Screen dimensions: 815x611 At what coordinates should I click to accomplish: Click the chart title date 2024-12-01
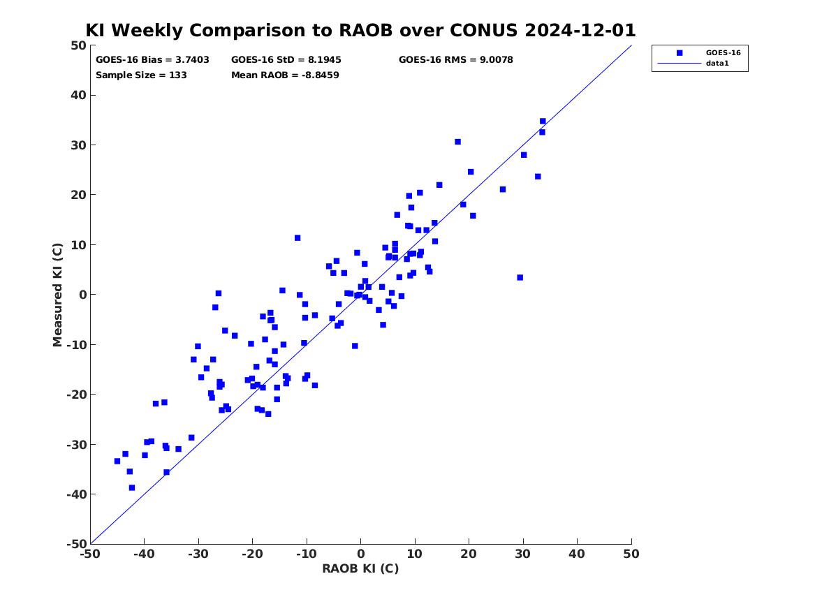point(580,30)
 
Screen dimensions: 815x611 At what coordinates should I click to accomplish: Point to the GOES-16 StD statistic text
point(286,60)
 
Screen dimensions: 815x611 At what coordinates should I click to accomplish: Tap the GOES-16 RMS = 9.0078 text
point(456,60)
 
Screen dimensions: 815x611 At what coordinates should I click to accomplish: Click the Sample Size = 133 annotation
point(141,75)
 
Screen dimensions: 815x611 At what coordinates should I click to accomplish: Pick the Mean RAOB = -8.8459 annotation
point(286,75)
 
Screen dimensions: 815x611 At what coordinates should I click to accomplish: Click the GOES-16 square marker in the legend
point(680,52)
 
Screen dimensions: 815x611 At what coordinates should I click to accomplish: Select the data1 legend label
point(717,64)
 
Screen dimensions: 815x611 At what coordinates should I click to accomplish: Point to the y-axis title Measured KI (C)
point(57,295)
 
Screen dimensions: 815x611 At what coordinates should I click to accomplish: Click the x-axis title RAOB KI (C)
point(360,568)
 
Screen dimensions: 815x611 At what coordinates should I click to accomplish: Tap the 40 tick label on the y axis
point(78,95)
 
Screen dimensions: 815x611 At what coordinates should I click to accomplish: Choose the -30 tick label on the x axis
point(198,554)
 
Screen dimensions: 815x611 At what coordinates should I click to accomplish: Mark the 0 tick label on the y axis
point(82,295)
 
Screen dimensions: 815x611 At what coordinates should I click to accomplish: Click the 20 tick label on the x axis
point(469,554)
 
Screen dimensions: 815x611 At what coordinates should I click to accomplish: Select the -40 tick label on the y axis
point(76,494)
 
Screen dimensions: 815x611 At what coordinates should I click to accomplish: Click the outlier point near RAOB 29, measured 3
point(520,277)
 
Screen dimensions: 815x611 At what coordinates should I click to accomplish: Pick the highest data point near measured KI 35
point(543,121)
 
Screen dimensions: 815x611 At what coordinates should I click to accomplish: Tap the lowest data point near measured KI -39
point(132,488)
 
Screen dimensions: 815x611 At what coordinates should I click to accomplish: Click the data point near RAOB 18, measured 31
point(457,142)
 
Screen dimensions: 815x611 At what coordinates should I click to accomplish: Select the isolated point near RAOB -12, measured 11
point(298,238)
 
